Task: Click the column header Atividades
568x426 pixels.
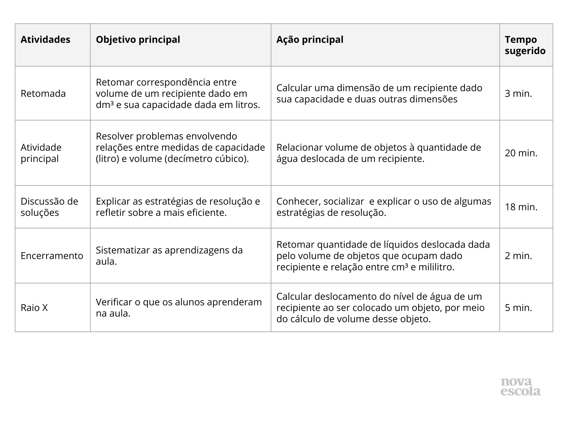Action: click(x=45, y=39)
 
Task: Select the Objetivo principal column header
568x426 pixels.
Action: click(x=138, y=39)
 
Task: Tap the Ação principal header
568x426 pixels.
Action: click(x=310, y=39)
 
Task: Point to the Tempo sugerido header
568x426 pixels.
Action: click(x=525, y=45)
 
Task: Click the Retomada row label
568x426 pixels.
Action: click(x=43, y=93)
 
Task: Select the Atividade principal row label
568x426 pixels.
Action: click(x=41, y=153)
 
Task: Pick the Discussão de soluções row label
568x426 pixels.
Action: click(x=49, y=207)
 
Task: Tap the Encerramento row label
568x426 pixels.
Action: click(x=52, y=256)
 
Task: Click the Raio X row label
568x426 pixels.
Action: click(x=34, y=307)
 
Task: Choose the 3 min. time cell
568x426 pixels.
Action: click(x=518, y=93)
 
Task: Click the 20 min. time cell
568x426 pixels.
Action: click(x=521, y=153)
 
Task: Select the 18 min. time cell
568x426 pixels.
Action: click(x=521, y=207)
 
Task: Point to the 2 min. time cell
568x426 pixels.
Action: click(x=518, y=256)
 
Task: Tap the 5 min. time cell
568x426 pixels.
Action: click(x=518, y=307)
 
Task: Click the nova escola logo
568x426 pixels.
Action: click(x=520, y=387)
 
